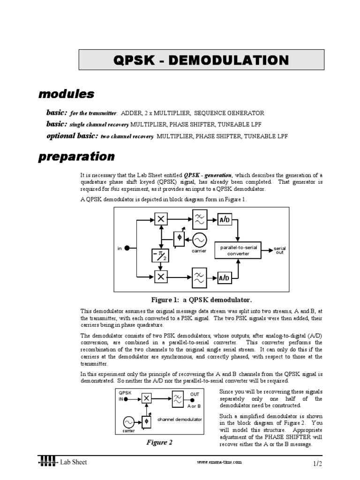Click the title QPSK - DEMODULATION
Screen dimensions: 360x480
click(201, 60)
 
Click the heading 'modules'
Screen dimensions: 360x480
click(66, 94)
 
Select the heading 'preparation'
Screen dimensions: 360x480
click(76, 157)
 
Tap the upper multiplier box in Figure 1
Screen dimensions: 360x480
click(161, 219)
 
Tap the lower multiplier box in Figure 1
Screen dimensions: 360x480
click(161, 277)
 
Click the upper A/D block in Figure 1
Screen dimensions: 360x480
click(224, 220)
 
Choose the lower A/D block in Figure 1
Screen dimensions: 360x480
click(224, 278)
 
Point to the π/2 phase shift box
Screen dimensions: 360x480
click(160, 255)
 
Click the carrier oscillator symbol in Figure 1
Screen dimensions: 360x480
click(199, 240)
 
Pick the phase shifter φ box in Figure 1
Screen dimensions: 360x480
click(179, 239)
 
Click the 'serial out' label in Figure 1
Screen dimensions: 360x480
click(280, 250)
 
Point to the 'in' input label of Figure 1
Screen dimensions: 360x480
click(120, 249)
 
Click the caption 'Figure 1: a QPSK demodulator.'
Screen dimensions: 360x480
click(201, 300)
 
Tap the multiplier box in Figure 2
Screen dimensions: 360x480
click(147, 398)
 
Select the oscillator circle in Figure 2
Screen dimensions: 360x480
click(128, 421)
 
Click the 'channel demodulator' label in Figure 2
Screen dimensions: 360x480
click(180, 419)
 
